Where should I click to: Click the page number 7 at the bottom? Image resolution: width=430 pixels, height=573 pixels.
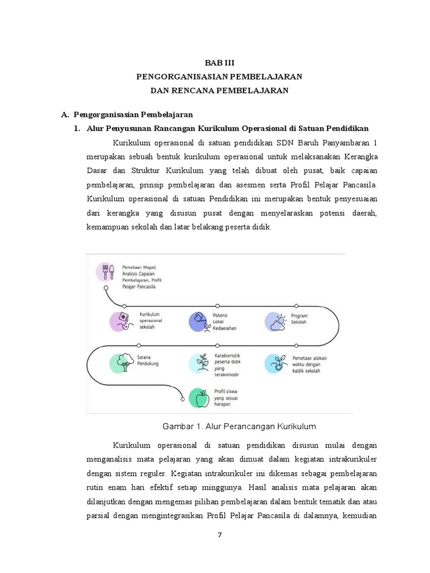point(219,534)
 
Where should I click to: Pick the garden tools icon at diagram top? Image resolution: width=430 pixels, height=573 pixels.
point(107,271)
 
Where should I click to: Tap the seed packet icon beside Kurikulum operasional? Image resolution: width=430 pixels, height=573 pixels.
point(121,321)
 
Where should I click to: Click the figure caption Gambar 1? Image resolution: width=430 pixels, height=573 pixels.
point(239,426)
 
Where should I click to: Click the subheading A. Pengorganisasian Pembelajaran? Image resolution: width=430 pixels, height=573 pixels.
point(128,115)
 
